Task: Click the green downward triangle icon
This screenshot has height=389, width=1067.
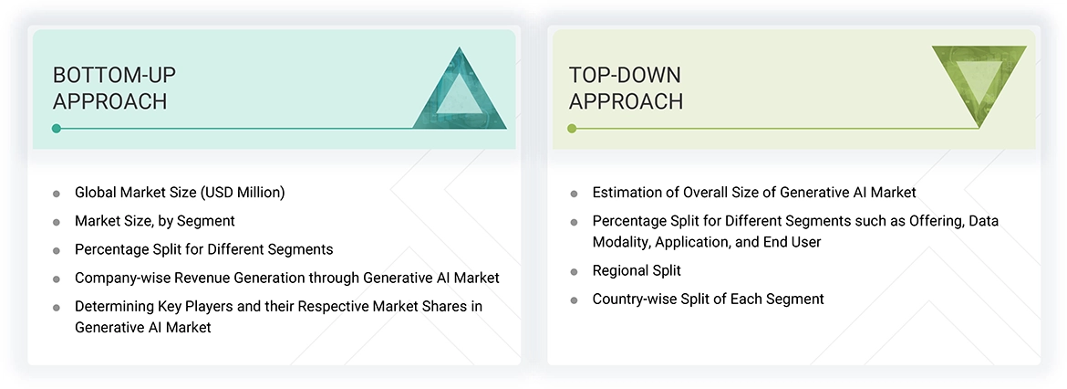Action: pos(979,84)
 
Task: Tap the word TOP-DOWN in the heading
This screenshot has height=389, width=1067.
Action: pos(625,75)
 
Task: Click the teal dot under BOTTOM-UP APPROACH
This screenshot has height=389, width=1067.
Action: pos(57,129)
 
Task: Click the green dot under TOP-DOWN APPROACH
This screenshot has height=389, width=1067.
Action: pos(572,129)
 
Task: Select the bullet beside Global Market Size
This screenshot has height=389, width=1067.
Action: pos(57,194)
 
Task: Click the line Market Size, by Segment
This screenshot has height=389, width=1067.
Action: pos(154,221)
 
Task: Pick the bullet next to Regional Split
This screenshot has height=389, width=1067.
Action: pos(574,271)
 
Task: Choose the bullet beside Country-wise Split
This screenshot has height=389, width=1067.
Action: pos(574,300)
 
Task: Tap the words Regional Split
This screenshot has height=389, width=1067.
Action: pos(637,270)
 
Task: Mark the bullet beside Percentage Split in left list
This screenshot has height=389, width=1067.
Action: pos(57,250)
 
